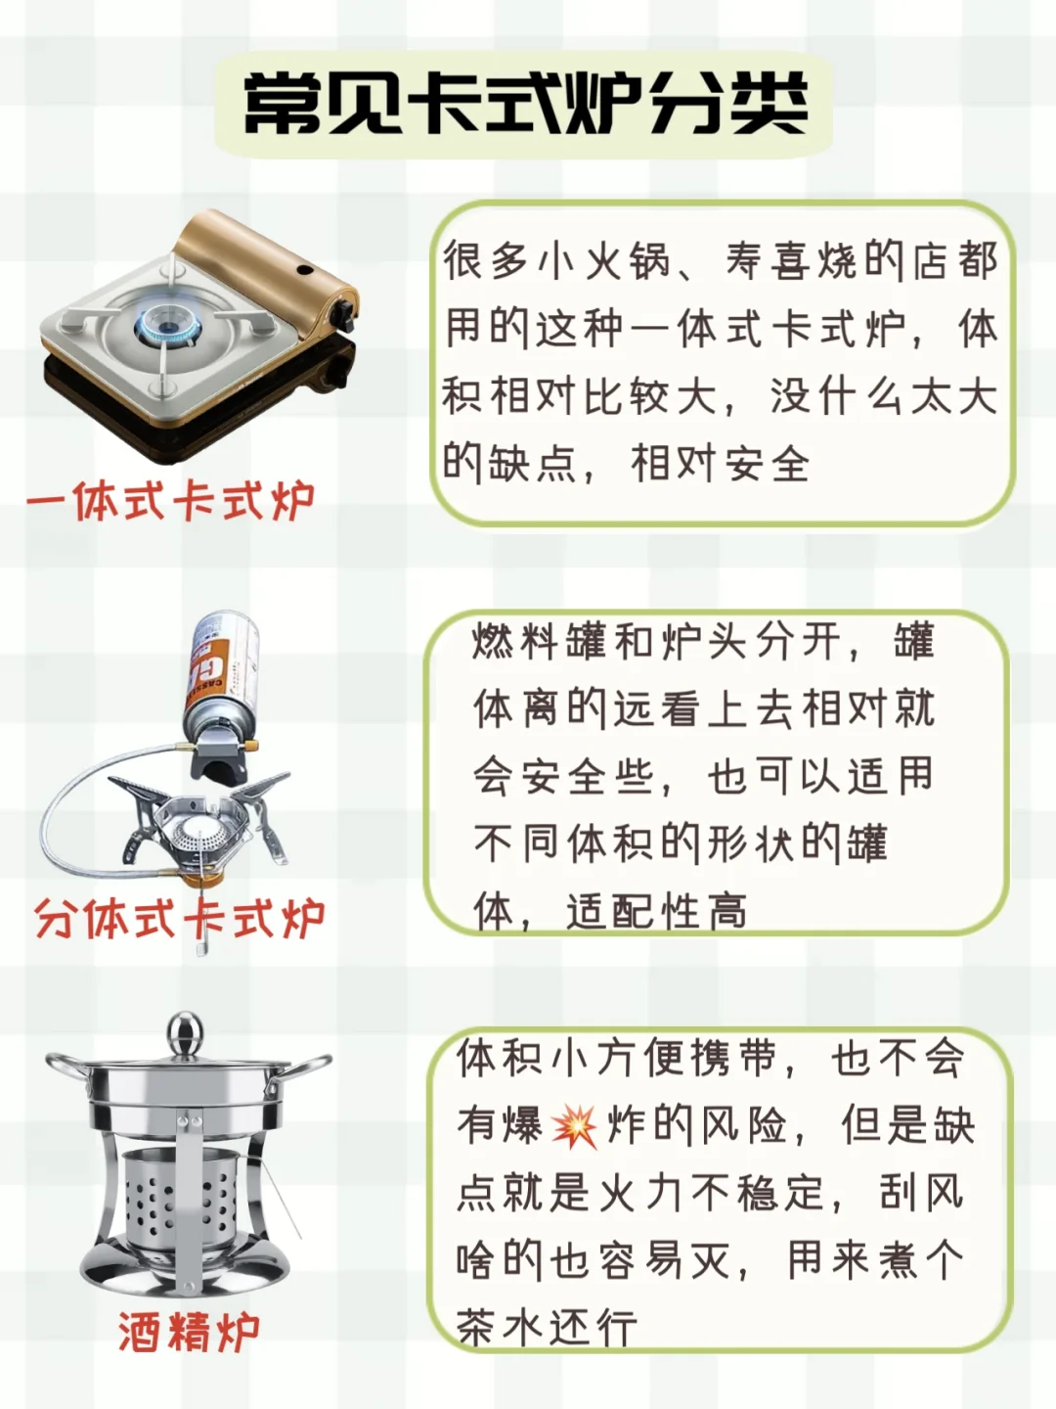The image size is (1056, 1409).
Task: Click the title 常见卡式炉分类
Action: [525, 104]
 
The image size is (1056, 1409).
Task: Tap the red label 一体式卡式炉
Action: [171, 501]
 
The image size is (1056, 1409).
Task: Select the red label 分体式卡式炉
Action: [180, 919]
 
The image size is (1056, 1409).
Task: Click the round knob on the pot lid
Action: [185, 1032]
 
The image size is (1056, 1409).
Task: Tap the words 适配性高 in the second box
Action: [656, 911]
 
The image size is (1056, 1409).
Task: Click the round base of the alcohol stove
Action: [186, 1274]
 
